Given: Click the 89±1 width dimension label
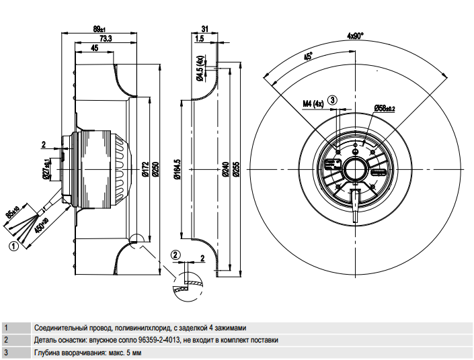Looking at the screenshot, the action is point(99,29).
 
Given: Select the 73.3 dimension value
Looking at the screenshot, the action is point(106,38).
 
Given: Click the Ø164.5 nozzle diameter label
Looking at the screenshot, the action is point(177,169).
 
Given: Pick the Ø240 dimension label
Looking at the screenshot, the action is point(226,169).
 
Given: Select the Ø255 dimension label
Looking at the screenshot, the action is point(237,169).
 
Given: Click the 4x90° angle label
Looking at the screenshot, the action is point(355,36).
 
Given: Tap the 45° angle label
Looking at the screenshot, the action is point(309,56).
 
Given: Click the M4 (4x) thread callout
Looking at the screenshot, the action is point(313,104).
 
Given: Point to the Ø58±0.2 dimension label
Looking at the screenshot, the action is point(385,108).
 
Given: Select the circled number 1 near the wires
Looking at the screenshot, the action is point(13,246).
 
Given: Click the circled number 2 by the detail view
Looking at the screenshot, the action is point(175,255).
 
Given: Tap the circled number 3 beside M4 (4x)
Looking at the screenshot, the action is point(333,99).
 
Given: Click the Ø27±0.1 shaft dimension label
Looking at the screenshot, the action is point(47,169).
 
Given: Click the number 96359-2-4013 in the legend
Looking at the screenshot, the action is point(159,340).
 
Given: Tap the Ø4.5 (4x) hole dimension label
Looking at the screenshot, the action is point(200,69).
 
